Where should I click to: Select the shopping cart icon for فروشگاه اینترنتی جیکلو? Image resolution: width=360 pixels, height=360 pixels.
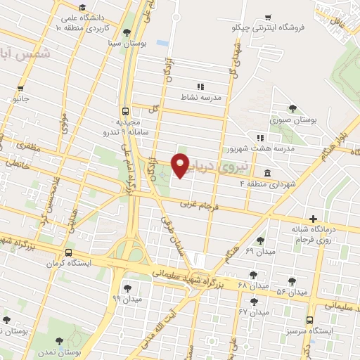[267, 18]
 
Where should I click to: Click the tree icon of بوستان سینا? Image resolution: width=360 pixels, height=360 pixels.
[127, 32]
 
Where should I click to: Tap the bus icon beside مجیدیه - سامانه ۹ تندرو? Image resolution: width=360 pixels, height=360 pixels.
[124, 111]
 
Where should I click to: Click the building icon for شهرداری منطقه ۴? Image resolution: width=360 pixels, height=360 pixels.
[267, 173]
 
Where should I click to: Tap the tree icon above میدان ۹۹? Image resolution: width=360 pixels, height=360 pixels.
[127, 287]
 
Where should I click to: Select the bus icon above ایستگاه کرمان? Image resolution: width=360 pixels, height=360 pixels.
[68, 252]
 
